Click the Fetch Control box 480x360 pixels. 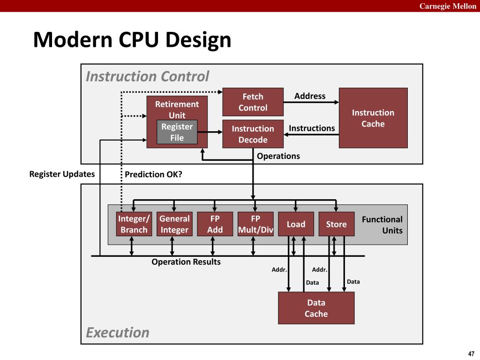pyautogui.click(x=253, y=102)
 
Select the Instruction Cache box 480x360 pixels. pyautogui.click(x=373, y=118)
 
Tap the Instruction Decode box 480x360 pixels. pyautogui.click(x=253, y=134)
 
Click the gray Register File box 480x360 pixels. pyautogui.click(x=177, y=132)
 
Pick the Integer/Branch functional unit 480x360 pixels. pyautogui.click(x=134, y=224)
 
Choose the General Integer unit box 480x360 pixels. pyautogui.click(x=174, y=224)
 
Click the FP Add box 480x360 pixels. pyautogui.click(x=215, y=224)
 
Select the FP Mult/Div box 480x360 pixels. pyautogui.click(x=255, y=224)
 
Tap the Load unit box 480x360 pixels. pyautogui.click(x=296, y=224)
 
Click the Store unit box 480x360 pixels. pyautogui.click(x=337, y=224)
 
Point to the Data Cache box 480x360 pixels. pyautogui.click(x=316, y=308)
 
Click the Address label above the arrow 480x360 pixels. pyautogui.click(x=310, y=96)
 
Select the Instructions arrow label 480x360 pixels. pyautogui.click(x=312, y=128)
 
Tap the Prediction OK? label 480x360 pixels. pyautogui.click(x=153, y=174)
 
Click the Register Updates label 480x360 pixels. pyautogui.click(x=62, y=174)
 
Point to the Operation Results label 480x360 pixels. pyautogui.click(x=186, y=262)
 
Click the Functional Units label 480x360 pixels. pyautogui.click(x=382, y=225)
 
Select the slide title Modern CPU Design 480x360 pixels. pyautogui.click(x=132, y=40)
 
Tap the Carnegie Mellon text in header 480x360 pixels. pyautogui.click(x=448, y=6)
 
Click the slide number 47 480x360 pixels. pyautogui.click(x=472, y=353)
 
